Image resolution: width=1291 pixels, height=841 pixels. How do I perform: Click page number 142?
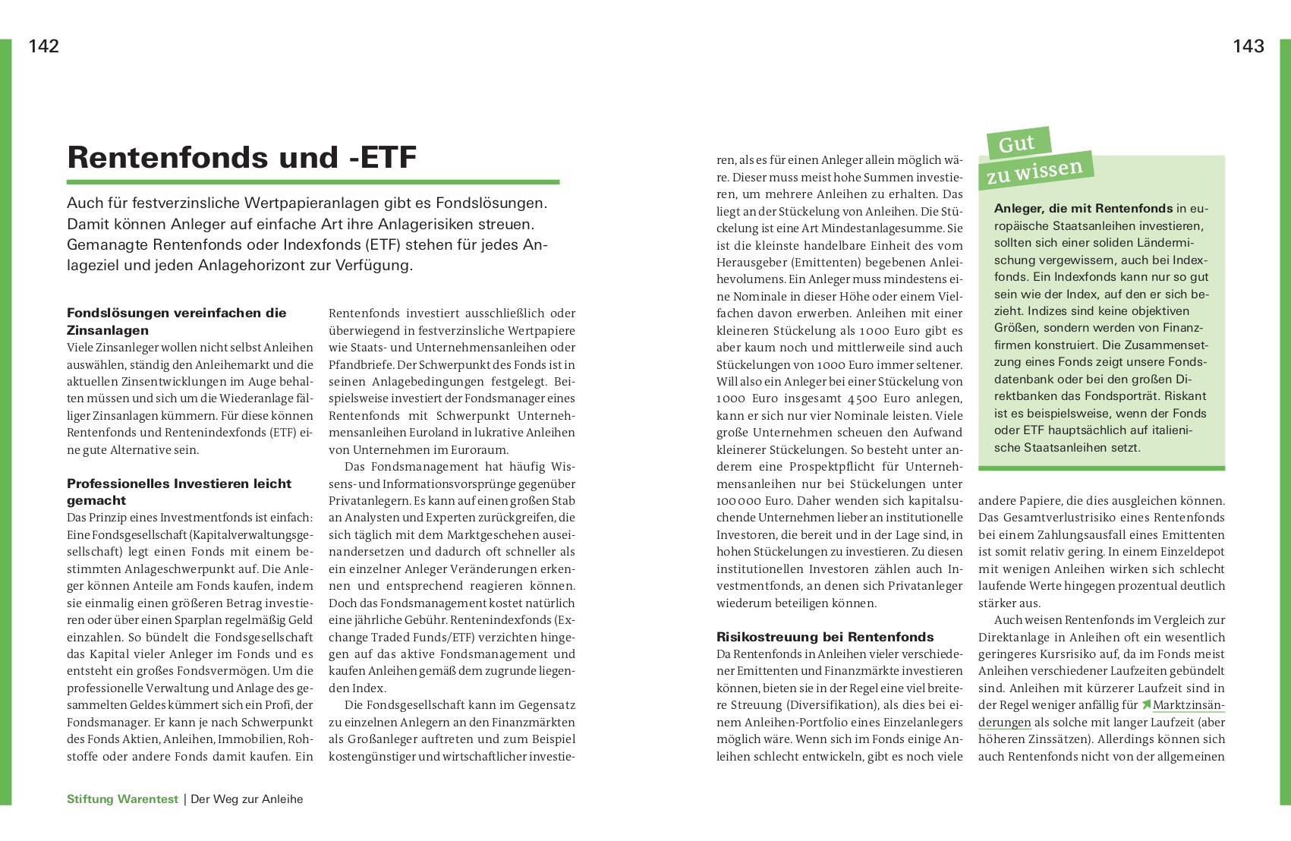coord(44,46)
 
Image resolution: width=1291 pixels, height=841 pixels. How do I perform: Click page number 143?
coord(1248,46)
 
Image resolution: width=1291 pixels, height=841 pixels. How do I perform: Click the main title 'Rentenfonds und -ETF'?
coord(242,157)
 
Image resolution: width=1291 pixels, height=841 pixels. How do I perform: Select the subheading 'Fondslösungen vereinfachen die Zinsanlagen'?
coord(177,321)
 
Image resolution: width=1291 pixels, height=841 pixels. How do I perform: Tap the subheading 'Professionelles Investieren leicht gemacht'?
coord(179,492)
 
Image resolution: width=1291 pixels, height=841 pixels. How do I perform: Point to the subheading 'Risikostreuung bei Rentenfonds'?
coord(825,637)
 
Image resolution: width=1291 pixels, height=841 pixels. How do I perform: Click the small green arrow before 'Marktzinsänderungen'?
coord(1145,706)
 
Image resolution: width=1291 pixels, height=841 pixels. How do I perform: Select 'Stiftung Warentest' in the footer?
coord(122,799)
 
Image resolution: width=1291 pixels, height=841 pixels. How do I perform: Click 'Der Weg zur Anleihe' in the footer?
coord(247,799)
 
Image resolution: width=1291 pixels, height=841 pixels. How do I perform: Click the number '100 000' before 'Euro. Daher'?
coord(742,501)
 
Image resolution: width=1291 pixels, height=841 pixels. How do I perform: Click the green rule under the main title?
coord(313,182)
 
